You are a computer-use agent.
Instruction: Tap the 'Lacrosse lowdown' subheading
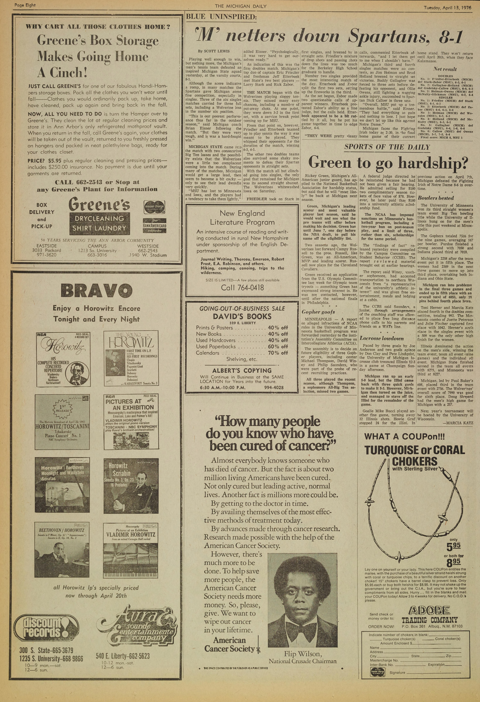(382, 338)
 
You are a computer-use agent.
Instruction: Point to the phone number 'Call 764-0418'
(242, 288)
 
